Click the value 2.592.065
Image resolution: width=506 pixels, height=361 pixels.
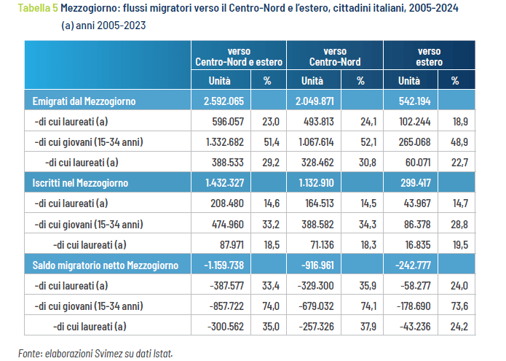(x=221, y=101)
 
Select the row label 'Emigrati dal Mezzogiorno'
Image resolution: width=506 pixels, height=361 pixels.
(x=84, y=101)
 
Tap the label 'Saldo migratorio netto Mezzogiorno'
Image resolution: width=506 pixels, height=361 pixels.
(x=106, y=264)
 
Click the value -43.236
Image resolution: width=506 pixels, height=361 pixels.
(x=411, y=325)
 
